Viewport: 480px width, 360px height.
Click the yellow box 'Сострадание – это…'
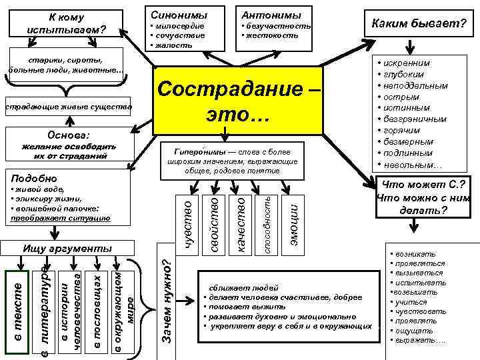click(x=238, y=100)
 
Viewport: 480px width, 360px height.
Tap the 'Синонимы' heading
click(x=179, y=15)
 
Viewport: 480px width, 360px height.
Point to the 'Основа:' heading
click(x=65, y=133)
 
